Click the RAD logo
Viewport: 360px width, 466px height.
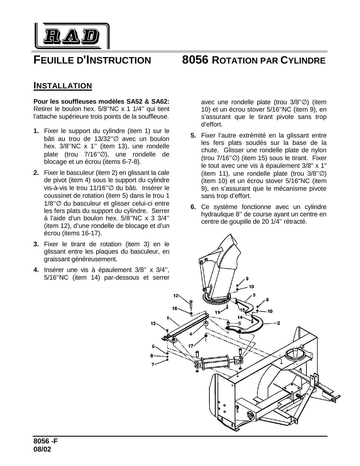point(72,36)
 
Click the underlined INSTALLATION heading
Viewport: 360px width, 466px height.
point(63,85)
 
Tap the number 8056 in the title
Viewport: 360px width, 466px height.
point(195,60)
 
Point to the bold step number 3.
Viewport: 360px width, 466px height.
point(36,244)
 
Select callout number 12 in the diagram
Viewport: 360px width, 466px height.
point(176,296)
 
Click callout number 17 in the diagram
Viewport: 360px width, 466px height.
point(191,346)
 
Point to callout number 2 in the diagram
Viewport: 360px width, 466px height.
point(278,323)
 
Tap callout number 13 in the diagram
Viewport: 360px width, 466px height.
point(153,323)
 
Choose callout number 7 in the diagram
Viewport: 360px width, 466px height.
point(153,364)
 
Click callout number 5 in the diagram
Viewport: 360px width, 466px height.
point(239,323)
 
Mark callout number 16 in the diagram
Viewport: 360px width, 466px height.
point(175,308)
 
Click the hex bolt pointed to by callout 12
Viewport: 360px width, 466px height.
point(191,304)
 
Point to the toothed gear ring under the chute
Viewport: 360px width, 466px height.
point(217,302)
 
